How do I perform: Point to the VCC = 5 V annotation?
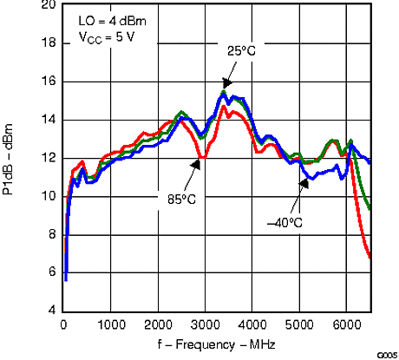point(102,37)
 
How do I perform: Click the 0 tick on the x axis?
point(64,324)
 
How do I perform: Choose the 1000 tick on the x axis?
point(111,324)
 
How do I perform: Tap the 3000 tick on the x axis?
point(206,324)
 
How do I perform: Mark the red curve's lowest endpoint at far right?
point(370,258)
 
